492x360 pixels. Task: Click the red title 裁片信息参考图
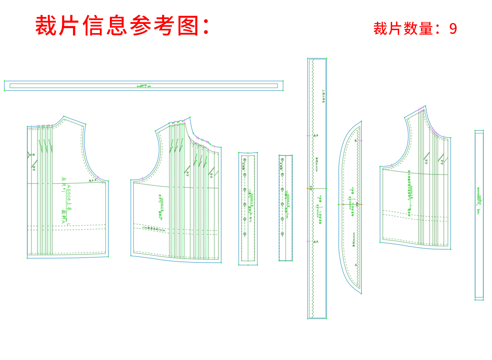tap(123, 26)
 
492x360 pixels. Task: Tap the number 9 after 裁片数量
tap(453, 29)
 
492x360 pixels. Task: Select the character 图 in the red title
tap(188, 26)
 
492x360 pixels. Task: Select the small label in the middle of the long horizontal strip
tap(144, 86)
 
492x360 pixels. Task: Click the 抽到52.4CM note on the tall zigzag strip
tap(317, 165)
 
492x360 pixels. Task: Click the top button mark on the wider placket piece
tap(245, 160)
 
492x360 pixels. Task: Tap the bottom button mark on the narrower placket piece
tap(282, 234)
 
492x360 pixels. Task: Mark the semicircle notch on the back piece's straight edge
tap(29, 155)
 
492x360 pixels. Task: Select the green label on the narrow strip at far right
tap(479, 200)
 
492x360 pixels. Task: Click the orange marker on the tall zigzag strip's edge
tap(308, 188)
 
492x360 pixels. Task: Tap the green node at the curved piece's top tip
tap(361, 121)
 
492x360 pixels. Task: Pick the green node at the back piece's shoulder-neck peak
tap(64, 116)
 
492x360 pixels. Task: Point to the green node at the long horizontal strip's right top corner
tap(283, 81)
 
